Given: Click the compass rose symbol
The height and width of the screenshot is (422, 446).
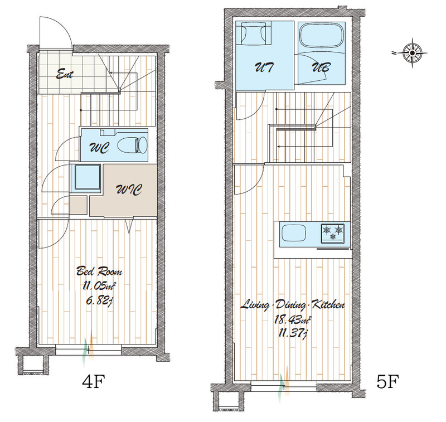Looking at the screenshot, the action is tap(412, 53).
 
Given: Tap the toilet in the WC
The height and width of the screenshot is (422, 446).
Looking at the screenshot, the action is tap(132, 144).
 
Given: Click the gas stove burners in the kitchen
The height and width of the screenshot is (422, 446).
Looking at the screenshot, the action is tap(332, 234).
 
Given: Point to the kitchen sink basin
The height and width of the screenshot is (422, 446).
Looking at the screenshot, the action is tap(294, 234).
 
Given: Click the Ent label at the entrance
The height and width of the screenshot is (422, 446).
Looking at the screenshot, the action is tap(65, 75).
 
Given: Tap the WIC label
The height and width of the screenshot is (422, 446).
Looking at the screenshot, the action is tap(129, 190).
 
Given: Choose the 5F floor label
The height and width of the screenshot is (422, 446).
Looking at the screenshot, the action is tap(387, 381).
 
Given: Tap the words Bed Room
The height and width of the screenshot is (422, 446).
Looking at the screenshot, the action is tap(99, 271).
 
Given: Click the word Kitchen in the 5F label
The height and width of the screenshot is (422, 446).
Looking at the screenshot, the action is tap(328, 305).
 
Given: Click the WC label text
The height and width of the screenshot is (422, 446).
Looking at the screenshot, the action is tap(99, 147).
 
